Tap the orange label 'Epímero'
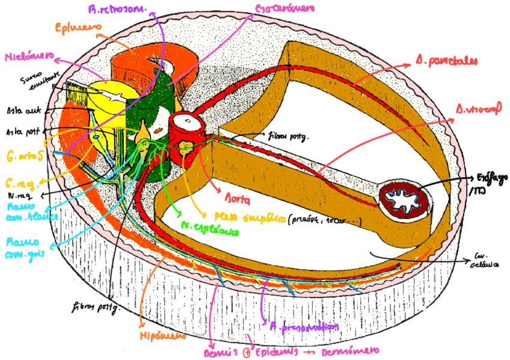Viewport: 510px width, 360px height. coord(71,28)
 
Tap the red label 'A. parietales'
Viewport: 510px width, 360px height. coord(444,61)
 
